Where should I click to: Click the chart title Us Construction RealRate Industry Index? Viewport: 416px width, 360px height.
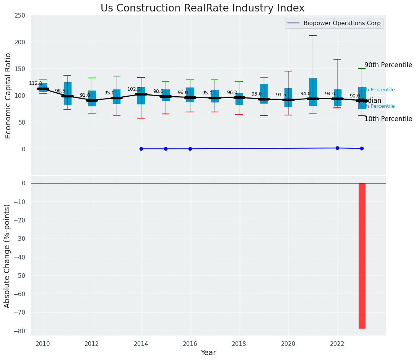(202, 8)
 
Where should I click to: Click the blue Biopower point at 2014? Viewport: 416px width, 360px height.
(141, 149)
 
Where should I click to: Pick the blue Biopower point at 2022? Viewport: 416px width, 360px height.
(337, 148)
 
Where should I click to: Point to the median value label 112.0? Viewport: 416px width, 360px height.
(36, 83)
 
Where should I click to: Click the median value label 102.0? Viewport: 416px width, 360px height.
(134, 89)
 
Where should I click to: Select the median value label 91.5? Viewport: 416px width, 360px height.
(281, 95)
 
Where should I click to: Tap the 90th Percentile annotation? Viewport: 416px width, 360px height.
(388, 65)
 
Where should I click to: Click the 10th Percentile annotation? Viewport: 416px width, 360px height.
(388, 119)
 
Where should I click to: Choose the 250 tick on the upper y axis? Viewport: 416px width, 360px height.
(20, 16)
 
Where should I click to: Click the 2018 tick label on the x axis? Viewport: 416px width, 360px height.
(239, 344)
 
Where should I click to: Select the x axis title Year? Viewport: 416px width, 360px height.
(208, 353)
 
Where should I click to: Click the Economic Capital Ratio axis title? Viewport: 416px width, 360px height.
(8, 96)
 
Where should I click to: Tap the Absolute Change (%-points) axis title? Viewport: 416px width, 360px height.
(7, 256)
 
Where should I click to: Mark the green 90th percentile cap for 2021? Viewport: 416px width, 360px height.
(313, 36)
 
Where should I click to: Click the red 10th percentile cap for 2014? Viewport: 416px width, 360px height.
(141, 119)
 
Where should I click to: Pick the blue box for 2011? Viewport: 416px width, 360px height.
(68, 94)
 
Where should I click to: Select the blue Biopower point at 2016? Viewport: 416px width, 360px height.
(190, 149)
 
